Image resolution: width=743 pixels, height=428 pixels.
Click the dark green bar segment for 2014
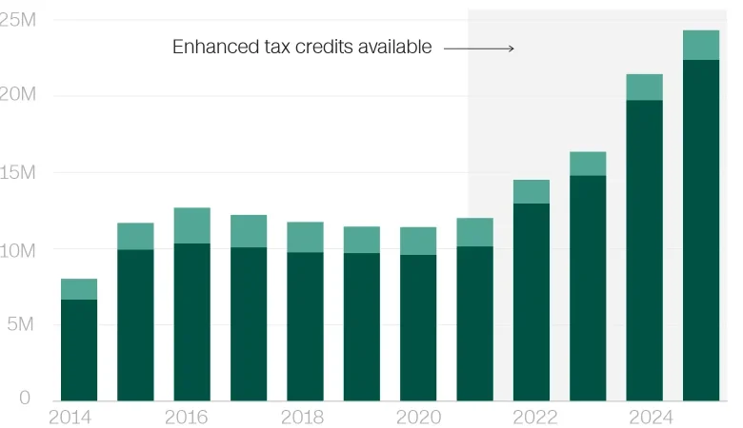point(79,350)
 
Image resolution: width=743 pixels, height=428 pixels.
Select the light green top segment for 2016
point(192,225)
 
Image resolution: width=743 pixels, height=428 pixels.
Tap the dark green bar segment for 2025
point(701,230)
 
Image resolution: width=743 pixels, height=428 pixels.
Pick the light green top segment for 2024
point(645,88)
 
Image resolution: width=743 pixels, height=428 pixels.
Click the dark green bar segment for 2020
point(418,327)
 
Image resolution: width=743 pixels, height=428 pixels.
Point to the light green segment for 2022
point(532,191)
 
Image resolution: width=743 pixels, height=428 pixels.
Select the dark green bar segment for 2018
point(305,326)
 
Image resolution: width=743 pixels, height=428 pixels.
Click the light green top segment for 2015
point(135,236)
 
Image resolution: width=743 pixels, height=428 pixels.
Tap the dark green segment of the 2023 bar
point(588,288)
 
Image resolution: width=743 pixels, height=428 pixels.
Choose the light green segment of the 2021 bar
point(474,232)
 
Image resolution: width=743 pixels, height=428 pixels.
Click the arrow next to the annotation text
point(479,48)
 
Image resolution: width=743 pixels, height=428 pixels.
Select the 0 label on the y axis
point(26,399)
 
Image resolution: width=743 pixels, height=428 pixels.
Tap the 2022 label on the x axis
point(535,418)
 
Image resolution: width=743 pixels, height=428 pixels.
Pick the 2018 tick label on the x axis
point(302,418)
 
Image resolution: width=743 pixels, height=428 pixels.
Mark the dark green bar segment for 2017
point(249,323)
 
